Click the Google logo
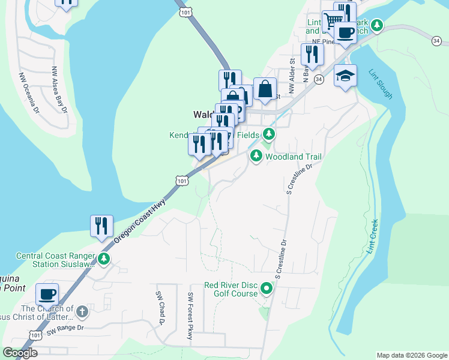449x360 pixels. click(20, 353)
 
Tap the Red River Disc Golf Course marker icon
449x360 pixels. click(267, 290)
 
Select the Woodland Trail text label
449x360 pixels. click(294, 157)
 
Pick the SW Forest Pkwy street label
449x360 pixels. click(190, 316)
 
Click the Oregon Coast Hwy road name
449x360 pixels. click(139, 221)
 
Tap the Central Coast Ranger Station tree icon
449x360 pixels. click(104, 259)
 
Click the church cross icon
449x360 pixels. click(82, 311)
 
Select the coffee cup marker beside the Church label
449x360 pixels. click(47, 294)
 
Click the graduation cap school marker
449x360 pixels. click(345, 76)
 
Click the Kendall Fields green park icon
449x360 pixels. click(268, 133)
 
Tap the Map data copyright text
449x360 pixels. click(412, 355)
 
